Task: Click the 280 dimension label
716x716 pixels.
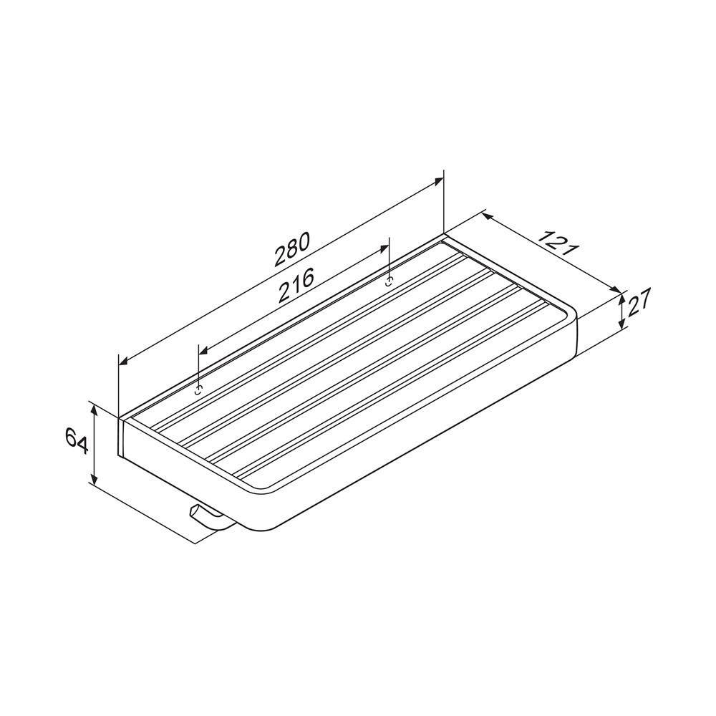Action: [x=292, y=249]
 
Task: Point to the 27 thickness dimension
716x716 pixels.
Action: [x=639, y=302]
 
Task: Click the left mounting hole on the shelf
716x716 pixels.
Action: [x=198, y=390]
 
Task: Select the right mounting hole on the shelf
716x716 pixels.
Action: [x=389, y=281]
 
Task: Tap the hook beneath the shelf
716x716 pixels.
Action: [x=208, y=518]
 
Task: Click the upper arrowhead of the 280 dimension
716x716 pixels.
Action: [x=437, y=181]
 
